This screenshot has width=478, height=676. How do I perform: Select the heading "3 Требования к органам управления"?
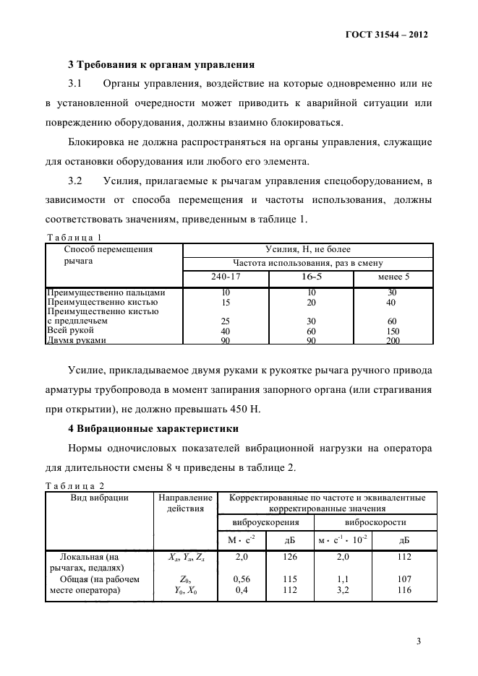point(161,64)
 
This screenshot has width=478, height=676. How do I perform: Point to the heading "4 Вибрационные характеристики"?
point(154,429)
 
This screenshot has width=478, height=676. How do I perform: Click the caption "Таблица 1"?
point(74,237)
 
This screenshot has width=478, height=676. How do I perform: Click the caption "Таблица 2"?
point(74,486)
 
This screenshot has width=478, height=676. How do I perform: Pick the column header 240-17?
point(226,277)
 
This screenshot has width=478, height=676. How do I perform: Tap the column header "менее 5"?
point(393,277)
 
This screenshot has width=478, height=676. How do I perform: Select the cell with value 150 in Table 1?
point(393,331)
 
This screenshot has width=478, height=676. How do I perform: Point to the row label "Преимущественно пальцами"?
point(106,292)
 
